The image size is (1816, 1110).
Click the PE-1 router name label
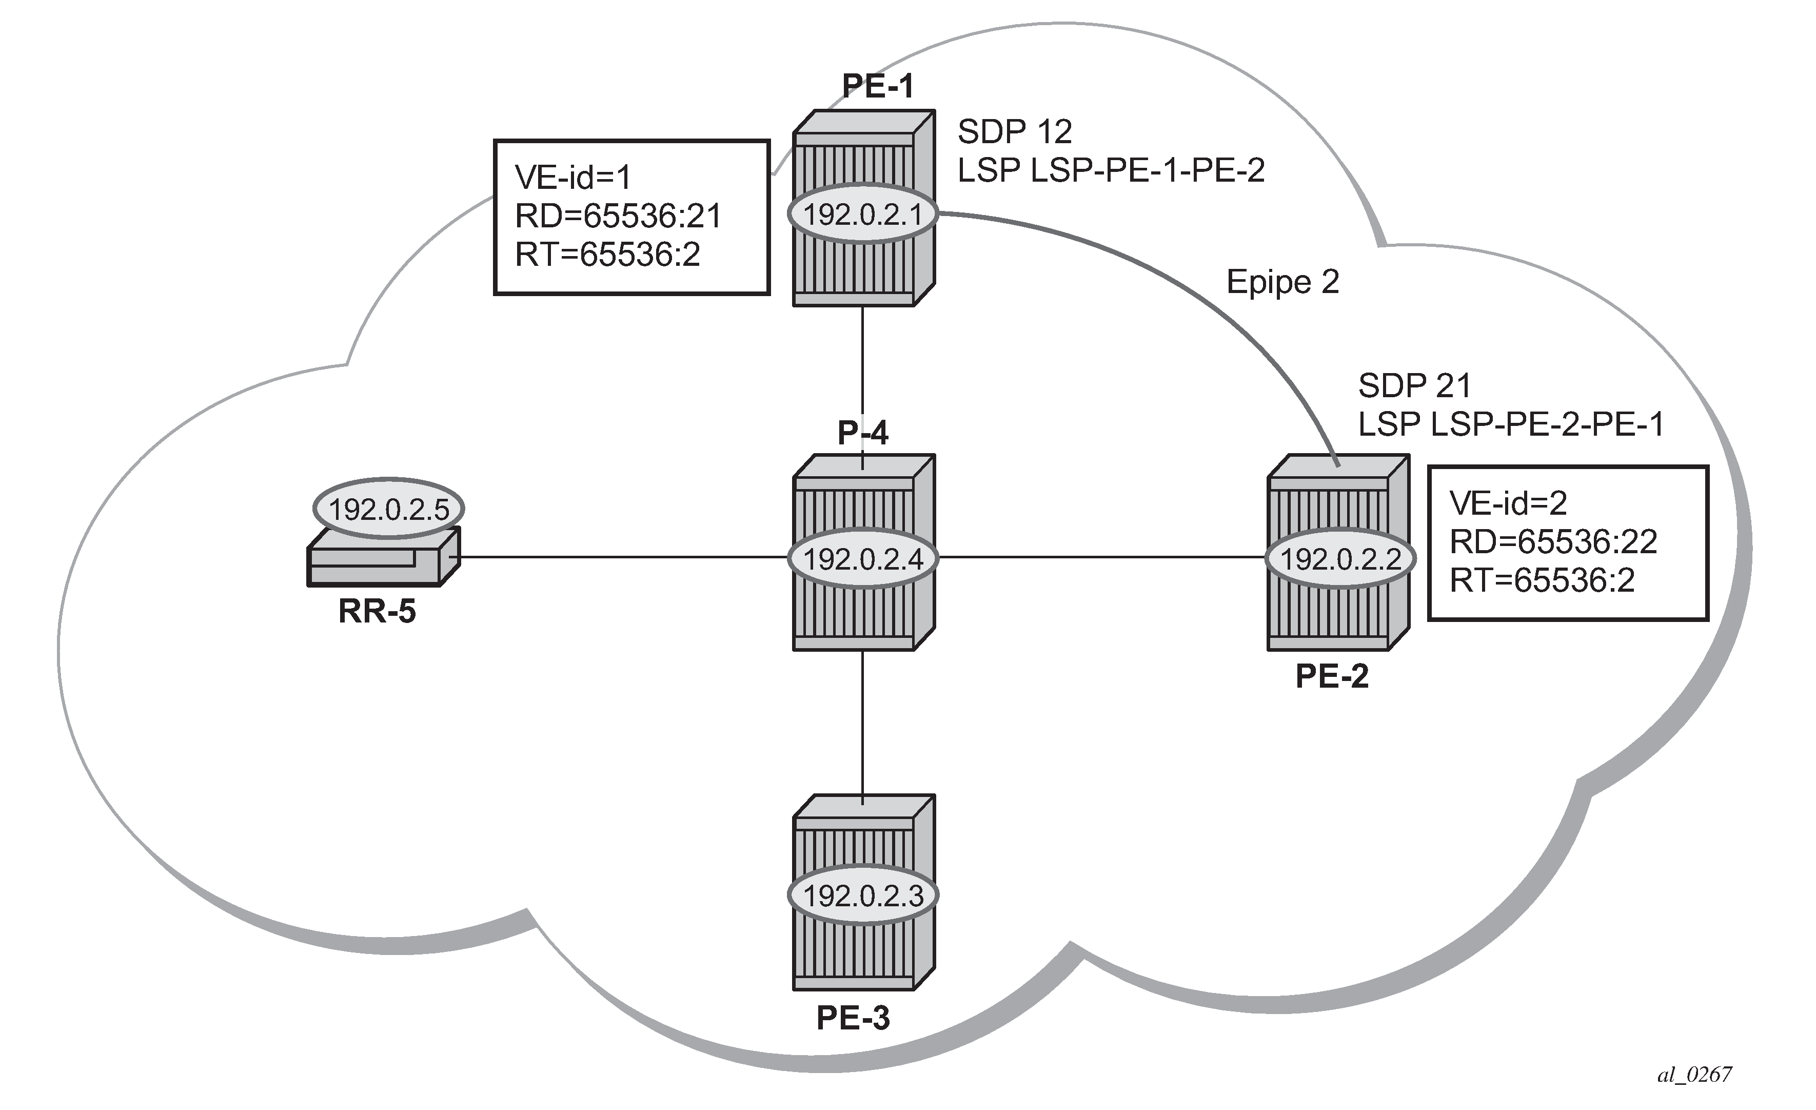tap(878, 87)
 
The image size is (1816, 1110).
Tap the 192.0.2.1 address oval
tap(863, 215)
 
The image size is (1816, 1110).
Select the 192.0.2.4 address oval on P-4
tap(863, 559)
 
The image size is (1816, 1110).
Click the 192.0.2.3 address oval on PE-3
tap(863, 895)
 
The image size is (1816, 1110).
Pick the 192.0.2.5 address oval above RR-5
tap(388, 509)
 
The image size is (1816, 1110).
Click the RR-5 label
tap(377, 612)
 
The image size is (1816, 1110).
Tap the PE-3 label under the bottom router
tap(853, 1018)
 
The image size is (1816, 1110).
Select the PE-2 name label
tap(1332, 676)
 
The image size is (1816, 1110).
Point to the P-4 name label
tap(863, 433)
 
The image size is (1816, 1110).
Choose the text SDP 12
tap(1014, 132)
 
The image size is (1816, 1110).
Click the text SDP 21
tap(1414, 385)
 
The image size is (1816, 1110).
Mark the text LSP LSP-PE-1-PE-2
tap(1111, 170)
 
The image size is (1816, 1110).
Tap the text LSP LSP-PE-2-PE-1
tap(1511, 424)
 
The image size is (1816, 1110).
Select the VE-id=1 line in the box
tap(573, 178)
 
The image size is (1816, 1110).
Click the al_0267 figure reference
tap(1694, 1075)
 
